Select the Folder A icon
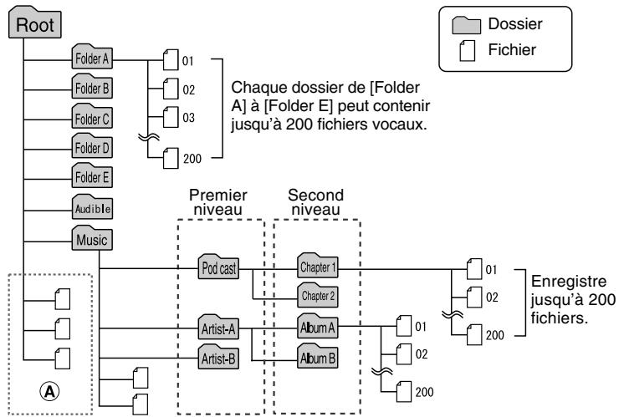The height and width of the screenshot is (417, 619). pos(92,59)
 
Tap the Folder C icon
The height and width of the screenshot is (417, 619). pos(92,117)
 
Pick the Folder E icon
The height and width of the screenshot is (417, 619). pos(92,175)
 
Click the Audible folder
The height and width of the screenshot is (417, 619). pos(92,205)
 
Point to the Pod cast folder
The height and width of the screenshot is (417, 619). pos(219,268)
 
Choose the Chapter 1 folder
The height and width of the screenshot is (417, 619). pos(315,268)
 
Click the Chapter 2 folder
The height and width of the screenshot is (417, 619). pos(315,295)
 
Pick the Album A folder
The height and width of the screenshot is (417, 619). pos(315,328)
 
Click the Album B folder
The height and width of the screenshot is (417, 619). pos(315,359)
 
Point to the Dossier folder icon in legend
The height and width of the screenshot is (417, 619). pos(467,24)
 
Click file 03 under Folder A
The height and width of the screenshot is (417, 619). pos(171,119)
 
